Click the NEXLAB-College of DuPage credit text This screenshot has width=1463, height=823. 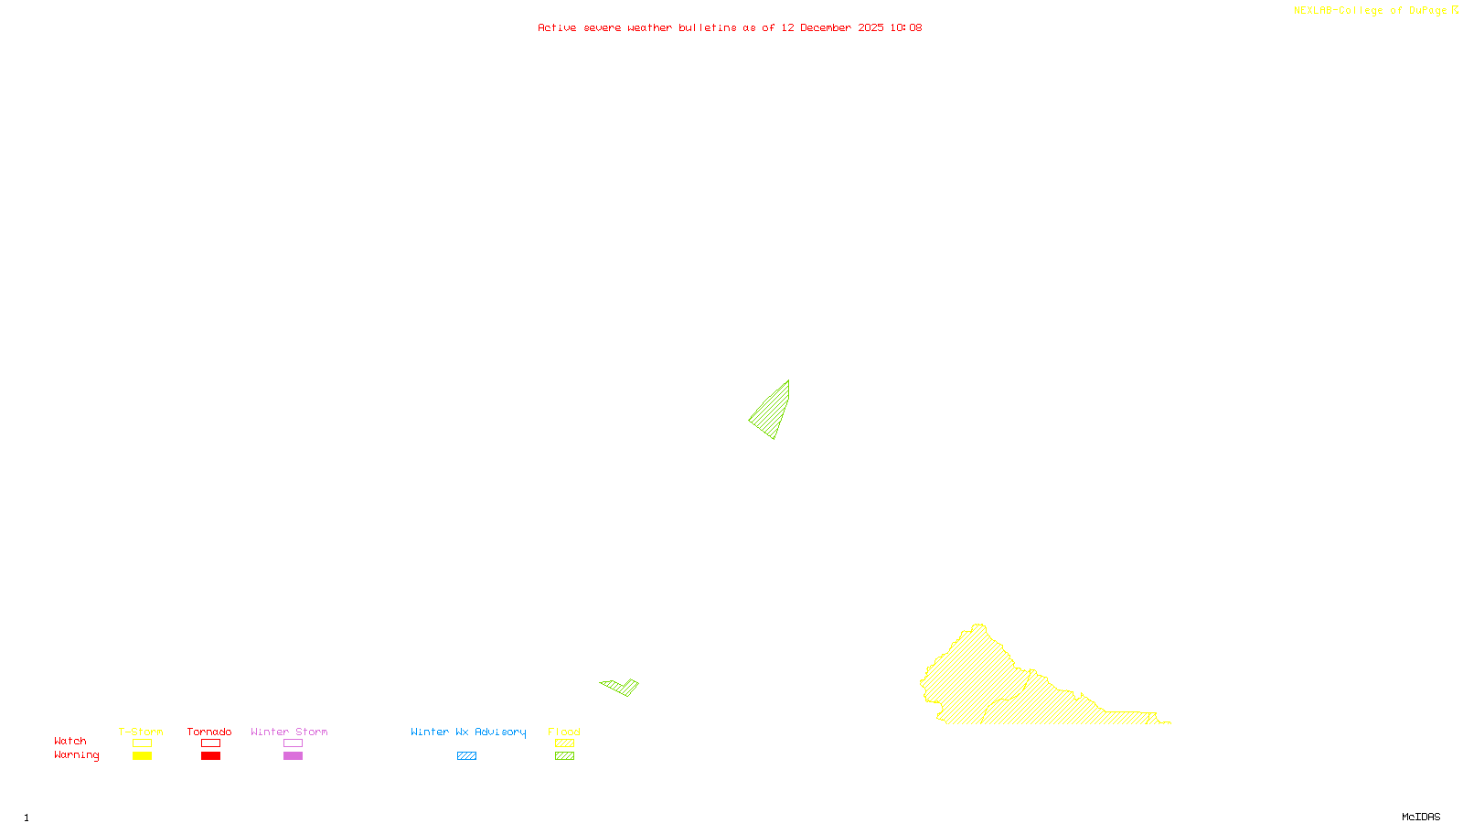coord(1370,11)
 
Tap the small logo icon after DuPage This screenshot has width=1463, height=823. coord(1455,10)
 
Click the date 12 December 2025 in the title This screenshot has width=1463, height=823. coord(832,28)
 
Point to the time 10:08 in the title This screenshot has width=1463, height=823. coord(906,28)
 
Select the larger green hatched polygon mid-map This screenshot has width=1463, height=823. coord(774,411)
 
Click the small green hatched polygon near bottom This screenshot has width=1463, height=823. coord(622,686)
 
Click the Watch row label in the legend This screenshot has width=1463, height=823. coord(70,742)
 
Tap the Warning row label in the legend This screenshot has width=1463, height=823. coord(76,755)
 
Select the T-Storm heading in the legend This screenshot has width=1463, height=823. coord(141,732)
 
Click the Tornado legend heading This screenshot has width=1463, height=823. coord(209,732)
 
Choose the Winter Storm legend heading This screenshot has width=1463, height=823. coord(289,732)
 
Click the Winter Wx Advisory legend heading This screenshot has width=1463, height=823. coord(468,732)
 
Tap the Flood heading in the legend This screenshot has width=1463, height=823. coord(564,732)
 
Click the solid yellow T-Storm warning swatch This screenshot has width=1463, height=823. coord(142,756)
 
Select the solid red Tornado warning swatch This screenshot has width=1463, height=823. coord(211,756)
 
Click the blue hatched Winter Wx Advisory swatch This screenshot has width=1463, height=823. coord(466,756)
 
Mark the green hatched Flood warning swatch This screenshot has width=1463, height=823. coord(565,756)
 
